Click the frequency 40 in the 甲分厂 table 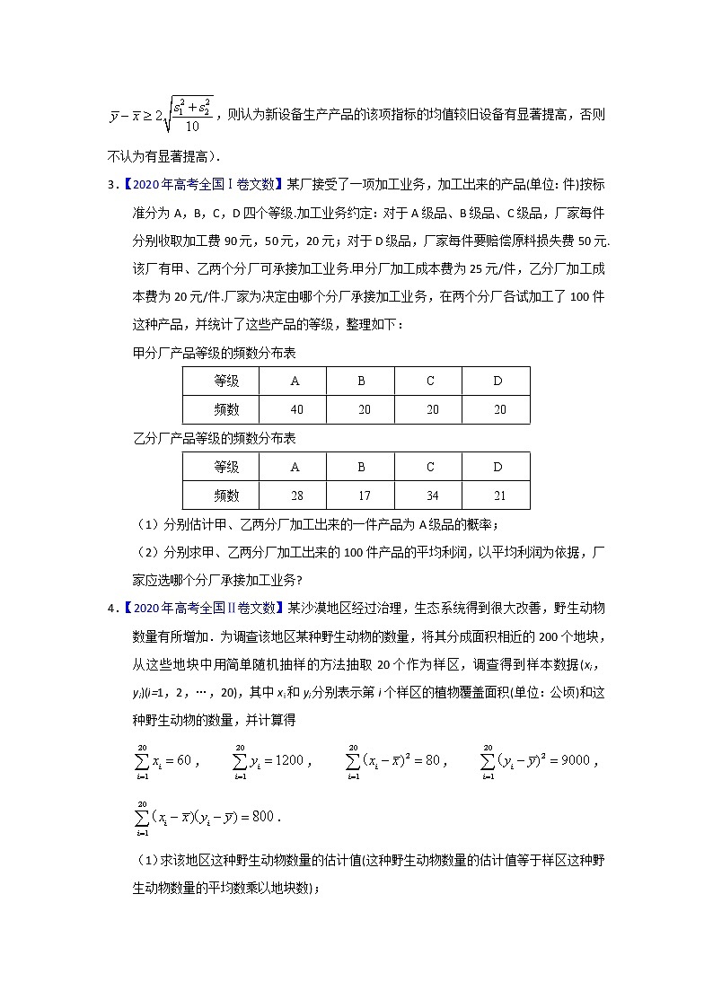[x=296, y=409]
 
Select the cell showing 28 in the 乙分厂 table [x=296, y=495]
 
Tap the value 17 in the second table [x=361, y=495]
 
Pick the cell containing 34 [x=430, y=495]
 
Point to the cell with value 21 [x=498, y=495]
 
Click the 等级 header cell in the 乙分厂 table [x=226, y=467]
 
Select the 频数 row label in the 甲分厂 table [x=226, y=409]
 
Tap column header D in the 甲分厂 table [x=498, y=381]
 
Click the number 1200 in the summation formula [x=293, y=760]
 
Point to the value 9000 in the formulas [x=571, y=760]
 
